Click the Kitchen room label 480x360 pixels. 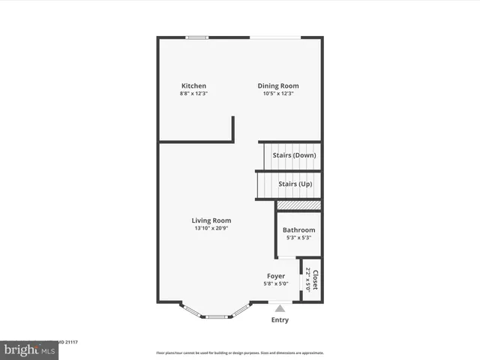(193, 85)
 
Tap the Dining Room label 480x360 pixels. (278, 85)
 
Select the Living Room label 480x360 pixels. (211, 220)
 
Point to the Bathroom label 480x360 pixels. (298, 229)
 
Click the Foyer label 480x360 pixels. (276, 276)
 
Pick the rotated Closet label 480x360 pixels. (316, 280)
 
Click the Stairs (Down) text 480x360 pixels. (294, 155)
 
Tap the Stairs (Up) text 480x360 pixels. (295, 184)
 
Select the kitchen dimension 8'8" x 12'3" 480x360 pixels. (193, 94)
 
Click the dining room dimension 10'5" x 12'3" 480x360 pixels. (278, 94)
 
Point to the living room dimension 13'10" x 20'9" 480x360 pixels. (211, 228)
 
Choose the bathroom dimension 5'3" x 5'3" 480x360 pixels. (298, 238)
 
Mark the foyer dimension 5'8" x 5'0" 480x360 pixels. (276, 283)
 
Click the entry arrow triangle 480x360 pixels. (280, 307)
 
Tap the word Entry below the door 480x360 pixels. (280, 320)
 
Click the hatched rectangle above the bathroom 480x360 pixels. (298, 205)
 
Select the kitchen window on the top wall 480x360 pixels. (197, 37)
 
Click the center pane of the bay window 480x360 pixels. (217, 316)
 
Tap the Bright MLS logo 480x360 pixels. (29, 349)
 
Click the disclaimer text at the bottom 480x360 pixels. (240, 352)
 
